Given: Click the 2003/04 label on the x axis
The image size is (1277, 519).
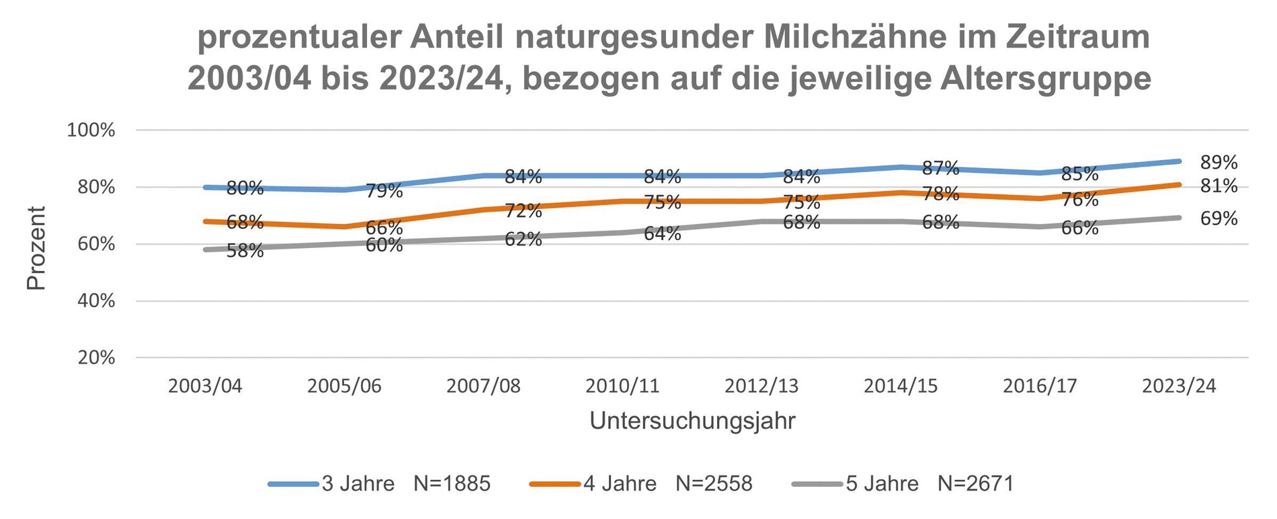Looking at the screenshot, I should tap(205, 387).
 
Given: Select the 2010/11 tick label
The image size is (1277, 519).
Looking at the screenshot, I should tap(622, 387).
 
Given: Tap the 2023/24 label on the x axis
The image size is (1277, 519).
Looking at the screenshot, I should tap(1180, 387).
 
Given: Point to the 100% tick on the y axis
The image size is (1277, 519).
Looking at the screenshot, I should tap(91, 130).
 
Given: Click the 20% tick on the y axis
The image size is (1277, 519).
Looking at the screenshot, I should tap(96, 358).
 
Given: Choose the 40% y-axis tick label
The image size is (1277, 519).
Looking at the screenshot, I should tap(96, 301).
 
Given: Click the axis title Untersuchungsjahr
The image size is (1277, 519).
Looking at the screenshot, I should tap(692, 422).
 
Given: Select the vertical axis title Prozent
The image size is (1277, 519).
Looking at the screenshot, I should tap(36, 248).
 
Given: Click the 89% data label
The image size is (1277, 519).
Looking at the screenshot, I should tap(1219, 163).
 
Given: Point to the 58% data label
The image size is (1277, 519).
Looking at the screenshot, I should tap(245, 251).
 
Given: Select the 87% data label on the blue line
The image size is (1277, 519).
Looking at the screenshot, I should tap(940, 168).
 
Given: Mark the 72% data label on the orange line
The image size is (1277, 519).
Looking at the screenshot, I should tap(523, 211).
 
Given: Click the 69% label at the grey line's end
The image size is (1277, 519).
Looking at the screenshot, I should tap(1219, 218).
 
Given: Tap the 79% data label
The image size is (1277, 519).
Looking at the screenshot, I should tap(384, 192).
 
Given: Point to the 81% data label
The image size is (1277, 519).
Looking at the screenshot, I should tap(1219, 186).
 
